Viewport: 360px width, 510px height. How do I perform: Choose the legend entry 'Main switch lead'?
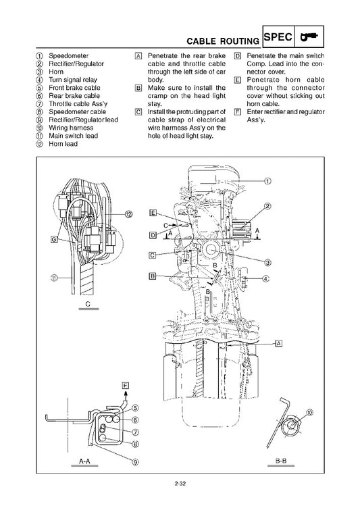coord(73,135)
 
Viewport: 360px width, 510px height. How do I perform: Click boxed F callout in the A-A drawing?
coord(124,386)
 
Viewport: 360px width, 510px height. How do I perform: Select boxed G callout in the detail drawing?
coord(54,238)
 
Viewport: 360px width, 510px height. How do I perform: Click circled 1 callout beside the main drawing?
coord(267,180)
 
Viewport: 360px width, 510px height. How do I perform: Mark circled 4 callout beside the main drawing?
coord(265,279)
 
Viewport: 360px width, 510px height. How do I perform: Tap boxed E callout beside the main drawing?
coord(153,213)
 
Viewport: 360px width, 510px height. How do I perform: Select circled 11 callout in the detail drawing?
coord(53,277)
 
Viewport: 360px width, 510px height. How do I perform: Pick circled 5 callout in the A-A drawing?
coord(135,408)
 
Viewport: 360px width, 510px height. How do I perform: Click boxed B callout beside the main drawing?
coord(153,276)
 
